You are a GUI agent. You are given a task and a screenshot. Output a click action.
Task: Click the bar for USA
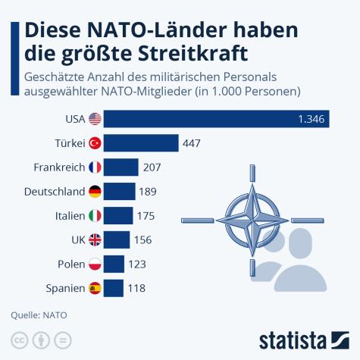click(216, 118)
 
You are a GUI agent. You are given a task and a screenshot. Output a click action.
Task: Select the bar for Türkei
click(141, 142)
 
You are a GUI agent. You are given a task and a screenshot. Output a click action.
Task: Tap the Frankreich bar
click(121, 167)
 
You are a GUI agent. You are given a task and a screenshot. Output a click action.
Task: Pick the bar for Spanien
click(114, 288)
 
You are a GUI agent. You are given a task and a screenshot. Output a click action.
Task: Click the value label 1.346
click(311, 118)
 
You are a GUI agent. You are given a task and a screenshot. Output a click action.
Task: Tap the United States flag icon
click(95, 118)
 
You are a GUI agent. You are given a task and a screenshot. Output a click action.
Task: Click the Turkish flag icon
click(95, 142)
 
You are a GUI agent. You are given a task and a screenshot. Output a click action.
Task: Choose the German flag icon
click(95, 191)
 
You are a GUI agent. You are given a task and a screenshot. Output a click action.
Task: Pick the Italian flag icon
click(95, 215)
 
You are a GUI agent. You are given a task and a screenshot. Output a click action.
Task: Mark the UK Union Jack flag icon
click(95, 239)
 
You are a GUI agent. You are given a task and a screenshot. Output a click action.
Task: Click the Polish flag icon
click(95, 264)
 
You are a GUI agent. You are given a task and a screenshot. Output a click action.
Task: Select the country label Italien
click(70, 215)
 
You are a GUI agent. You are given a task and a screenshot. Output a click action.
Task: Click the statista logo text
click(302, 337)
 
